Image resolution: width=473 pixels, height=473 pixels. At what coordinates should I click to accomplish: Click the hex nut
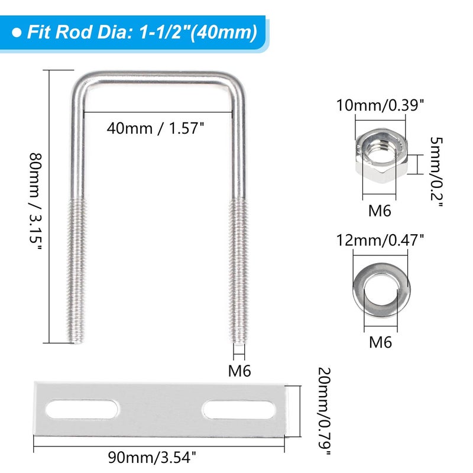pos(381,155)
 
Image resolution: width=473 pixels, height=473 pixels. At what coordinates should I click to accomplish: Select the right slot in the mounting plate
pos(239,409)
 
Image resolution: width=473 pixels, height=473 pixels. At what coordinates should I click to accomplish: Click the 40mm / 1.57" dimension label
pos(155,128)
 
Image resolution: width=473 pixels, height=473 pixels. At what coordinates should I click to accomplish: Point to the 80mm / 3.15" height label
pos(35,202)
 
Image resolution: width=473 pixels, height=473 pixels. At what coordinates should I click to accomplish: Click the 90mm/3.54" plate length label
pos(152,457)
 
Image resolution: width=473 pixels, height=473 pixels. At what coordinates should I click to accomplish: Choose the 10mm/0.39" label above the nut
pos(380,105)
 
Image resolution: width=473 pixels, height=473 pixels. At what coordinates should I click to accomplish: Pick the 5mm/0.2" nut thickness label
pos(436,172)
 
